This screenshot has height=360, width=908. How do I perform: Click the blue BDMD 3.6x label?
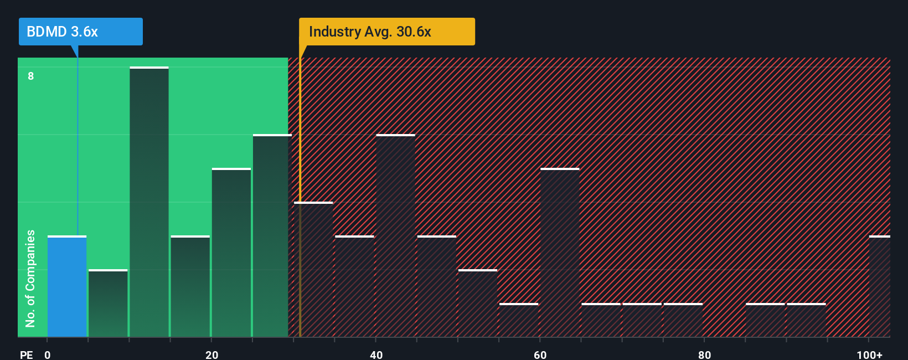point(80,32)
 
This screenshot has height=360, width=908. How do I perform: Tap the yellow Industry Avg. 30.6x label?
point(386,32)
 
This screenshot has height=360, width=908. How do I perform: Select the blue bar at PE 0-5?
point(67,286)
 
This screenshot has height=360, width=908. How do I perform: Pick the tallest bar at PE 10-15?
point(149,202)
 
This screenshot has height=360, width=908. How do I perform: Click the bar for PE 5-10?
point(108,304)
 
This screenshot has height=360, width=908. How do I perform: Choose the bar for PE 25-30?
point(272,236)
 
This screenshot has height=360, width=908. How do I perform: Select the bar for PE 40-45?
point(395,236)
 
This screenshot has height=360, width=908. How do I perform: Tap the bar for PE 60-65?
point(560,253)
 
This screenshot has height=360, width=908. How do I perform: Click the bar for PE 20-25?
point(231,253)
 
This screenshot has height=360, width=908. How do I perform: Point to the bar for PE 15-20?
point(190,286)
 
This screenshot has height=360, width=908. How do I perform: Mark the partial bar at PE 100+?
point(879,286)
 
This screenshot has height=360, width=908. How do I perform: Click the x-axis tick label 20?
point(211,354)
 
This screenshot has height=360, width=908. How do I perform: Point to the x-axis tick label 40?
point(376,354)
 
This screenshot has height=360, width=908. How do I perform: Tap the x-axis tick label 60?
point(540,354)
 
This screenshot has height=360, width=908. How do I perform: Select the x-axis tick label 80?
point(704,354)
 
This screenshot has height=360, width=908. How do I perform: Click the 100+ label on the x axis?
point(869,354)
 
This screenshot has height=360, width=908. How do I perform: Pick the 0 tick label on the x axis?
point(48,354)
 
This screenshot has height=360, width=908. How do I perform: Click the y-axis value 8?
point(31,76)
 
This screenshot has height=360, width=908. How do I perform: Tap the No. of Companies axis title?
point(30,278)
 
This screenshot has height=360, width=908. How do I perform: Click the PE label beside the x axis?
point(26,354)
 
